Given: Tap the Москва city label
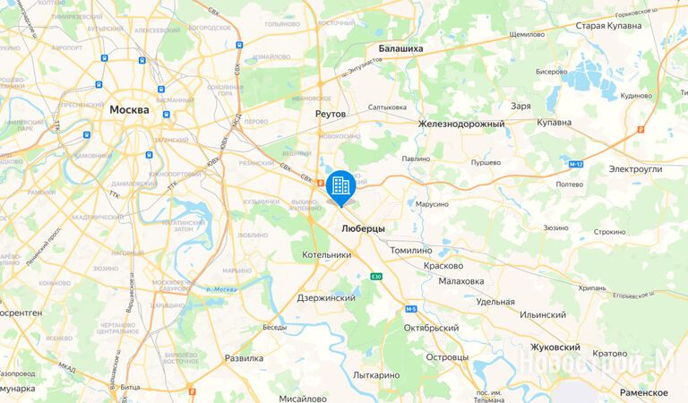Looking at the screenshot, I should click(129, 109).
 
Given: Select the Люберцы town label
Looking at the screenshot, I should click(364, 229).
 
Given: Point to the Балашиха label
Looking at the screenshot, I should click(400, 48).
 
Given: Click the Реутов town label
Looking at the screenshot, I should click(331, 115).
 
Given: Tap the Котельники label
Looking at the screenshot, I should click(325, 255).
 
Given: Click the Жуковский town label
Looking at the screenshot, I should click(554, 347).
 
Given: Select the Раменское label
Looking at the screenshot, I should click(643, 393).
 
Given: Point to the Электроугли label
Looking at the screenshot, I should click(634, 168).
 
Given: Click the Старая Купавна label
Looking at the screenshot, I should click(608, 26).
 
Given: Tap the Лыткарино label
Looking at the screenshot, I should click(376, 375).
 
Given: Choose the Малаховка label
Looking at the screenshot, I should click(461, 280).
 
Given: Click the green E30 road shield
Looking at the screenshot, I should click(376, 277).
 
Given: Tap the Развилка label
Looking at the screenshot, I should click(244, 357).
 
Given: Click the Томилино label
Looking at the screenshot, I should click(412, 251).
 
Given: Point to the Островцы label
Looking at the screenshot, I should click(448, 357).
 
